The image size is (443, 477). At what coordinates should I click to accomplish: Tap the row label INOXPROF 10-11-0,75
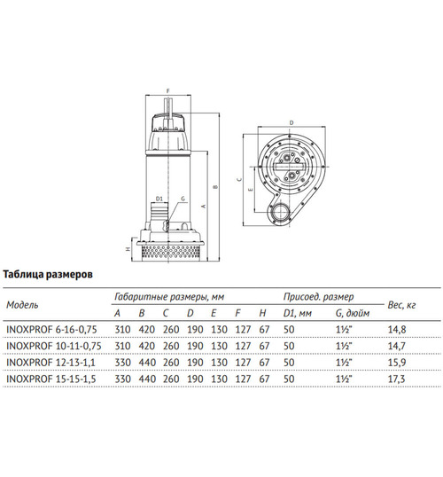click(53, 346)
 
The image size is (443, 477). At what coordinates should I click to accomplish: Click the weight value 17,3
click(397, 379)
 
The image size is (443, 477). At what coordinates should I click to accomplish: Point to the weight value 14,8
click(397, 329)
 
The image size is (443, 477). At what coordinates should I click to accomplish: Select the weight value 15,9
click(397, 362)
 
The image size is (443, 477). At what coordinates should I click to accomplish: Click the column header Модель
click(22, 304)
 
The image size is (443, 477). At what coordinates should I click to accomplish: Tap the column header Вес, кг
click(403, 304)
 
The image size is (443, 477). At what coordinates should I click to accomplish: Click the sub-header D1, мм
click(295, 312)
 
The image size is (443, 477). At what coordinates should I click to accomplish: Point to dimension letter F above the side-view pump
click(167, 90)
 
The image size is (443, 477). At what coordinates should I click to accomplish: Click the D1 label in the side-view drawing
click(159, 199)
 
